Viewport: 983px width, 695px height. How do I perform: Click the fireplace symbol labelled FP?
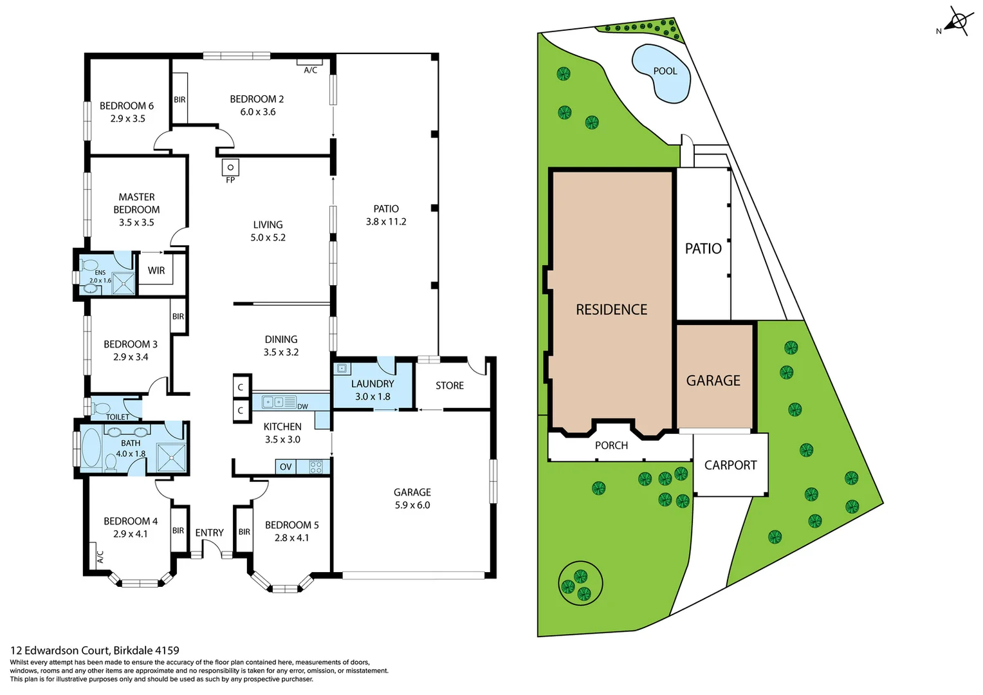click(x=230, y=168)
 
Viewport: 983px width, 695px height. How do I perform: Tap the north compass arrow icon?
click(x=957, y=22)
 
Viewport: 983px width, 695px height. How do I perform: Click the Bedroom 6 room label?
click(x=127, y=106)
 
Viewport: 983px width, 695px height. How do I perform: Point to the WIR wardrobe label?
click(x=156, y=271)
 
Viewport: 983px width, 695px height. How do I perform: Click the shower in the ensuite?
click(x=124, y=284)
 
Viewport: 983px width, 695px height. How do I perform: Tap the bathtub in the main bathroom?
click(x=91, y=448)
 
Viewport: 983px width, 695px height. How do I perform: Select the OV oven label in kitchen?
click(x=286, y=467)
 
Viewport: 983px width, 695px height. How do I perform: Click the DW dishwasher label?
click(x=302, y=407)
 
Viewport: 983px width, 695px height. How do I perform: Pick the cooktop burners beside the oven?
click(x=316, y=467)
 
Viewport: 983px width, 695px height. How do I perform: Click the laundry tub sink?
click(x=342, y=369)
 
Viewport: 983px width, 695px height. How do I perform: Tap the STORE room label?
click(x=450, y=385)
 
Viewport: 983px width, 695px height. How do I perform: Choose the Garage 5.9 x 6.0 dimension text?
click(x=412, y=505)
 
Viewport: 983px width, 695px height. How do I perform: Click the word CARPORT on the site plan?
click(x=730, y=465)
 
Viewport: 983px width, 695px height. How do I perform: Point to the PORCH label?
click(x=611, y=445)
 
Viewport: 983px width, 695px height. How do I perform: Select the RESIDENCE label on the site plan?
click(x=611, y=310)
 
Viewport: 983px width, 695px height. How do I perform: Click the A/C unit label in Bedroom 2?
click(x=310, y=69)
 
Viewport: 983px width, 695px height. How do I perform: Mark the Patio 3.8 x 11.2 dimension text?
click(x=386, y=222)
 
